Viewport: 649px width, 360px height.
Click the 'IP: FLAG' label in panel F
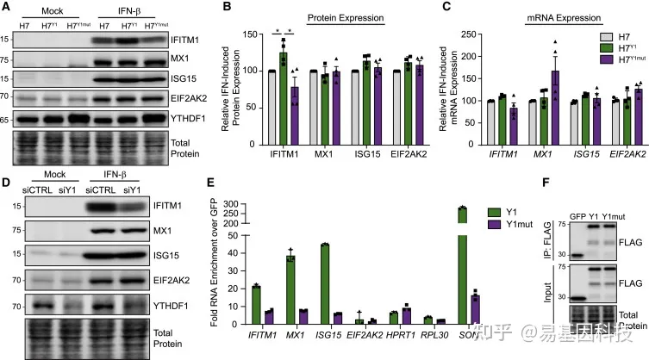(x=567, y=220)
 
